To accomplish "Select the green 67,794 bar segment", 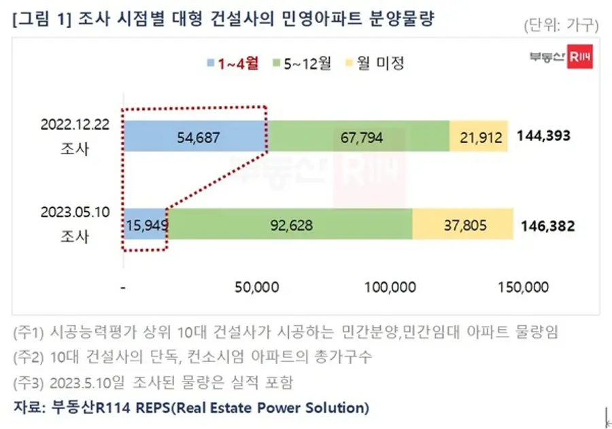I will click(358, 136).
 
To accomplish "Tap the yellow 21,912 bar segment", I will click(478, 136).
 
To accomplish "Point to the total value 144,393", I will click(543, 136).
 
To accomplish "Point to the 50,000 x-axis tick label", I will click(256, 287).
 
